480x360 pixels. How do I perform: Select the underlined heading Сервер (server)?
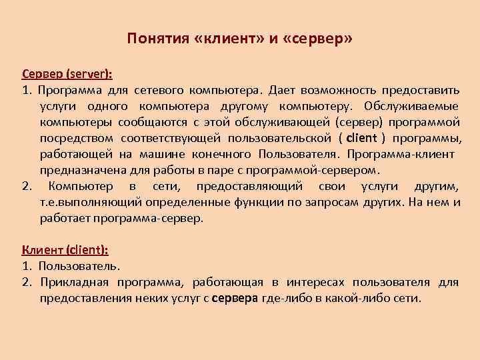click(58, 74)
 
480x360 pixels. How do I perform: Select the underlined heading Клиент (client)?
click(65, 250)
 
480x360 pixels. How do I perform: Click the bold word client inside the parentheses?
click(362, 138)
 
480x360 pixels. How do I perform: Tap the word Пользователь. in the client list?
click(79, 266)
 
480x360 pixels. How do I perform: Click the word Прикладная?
click(72, 282)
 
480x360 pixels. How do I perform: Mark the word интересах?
click(301, 282)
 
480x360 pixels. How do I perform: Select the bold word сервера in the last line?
click(234, 298)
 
